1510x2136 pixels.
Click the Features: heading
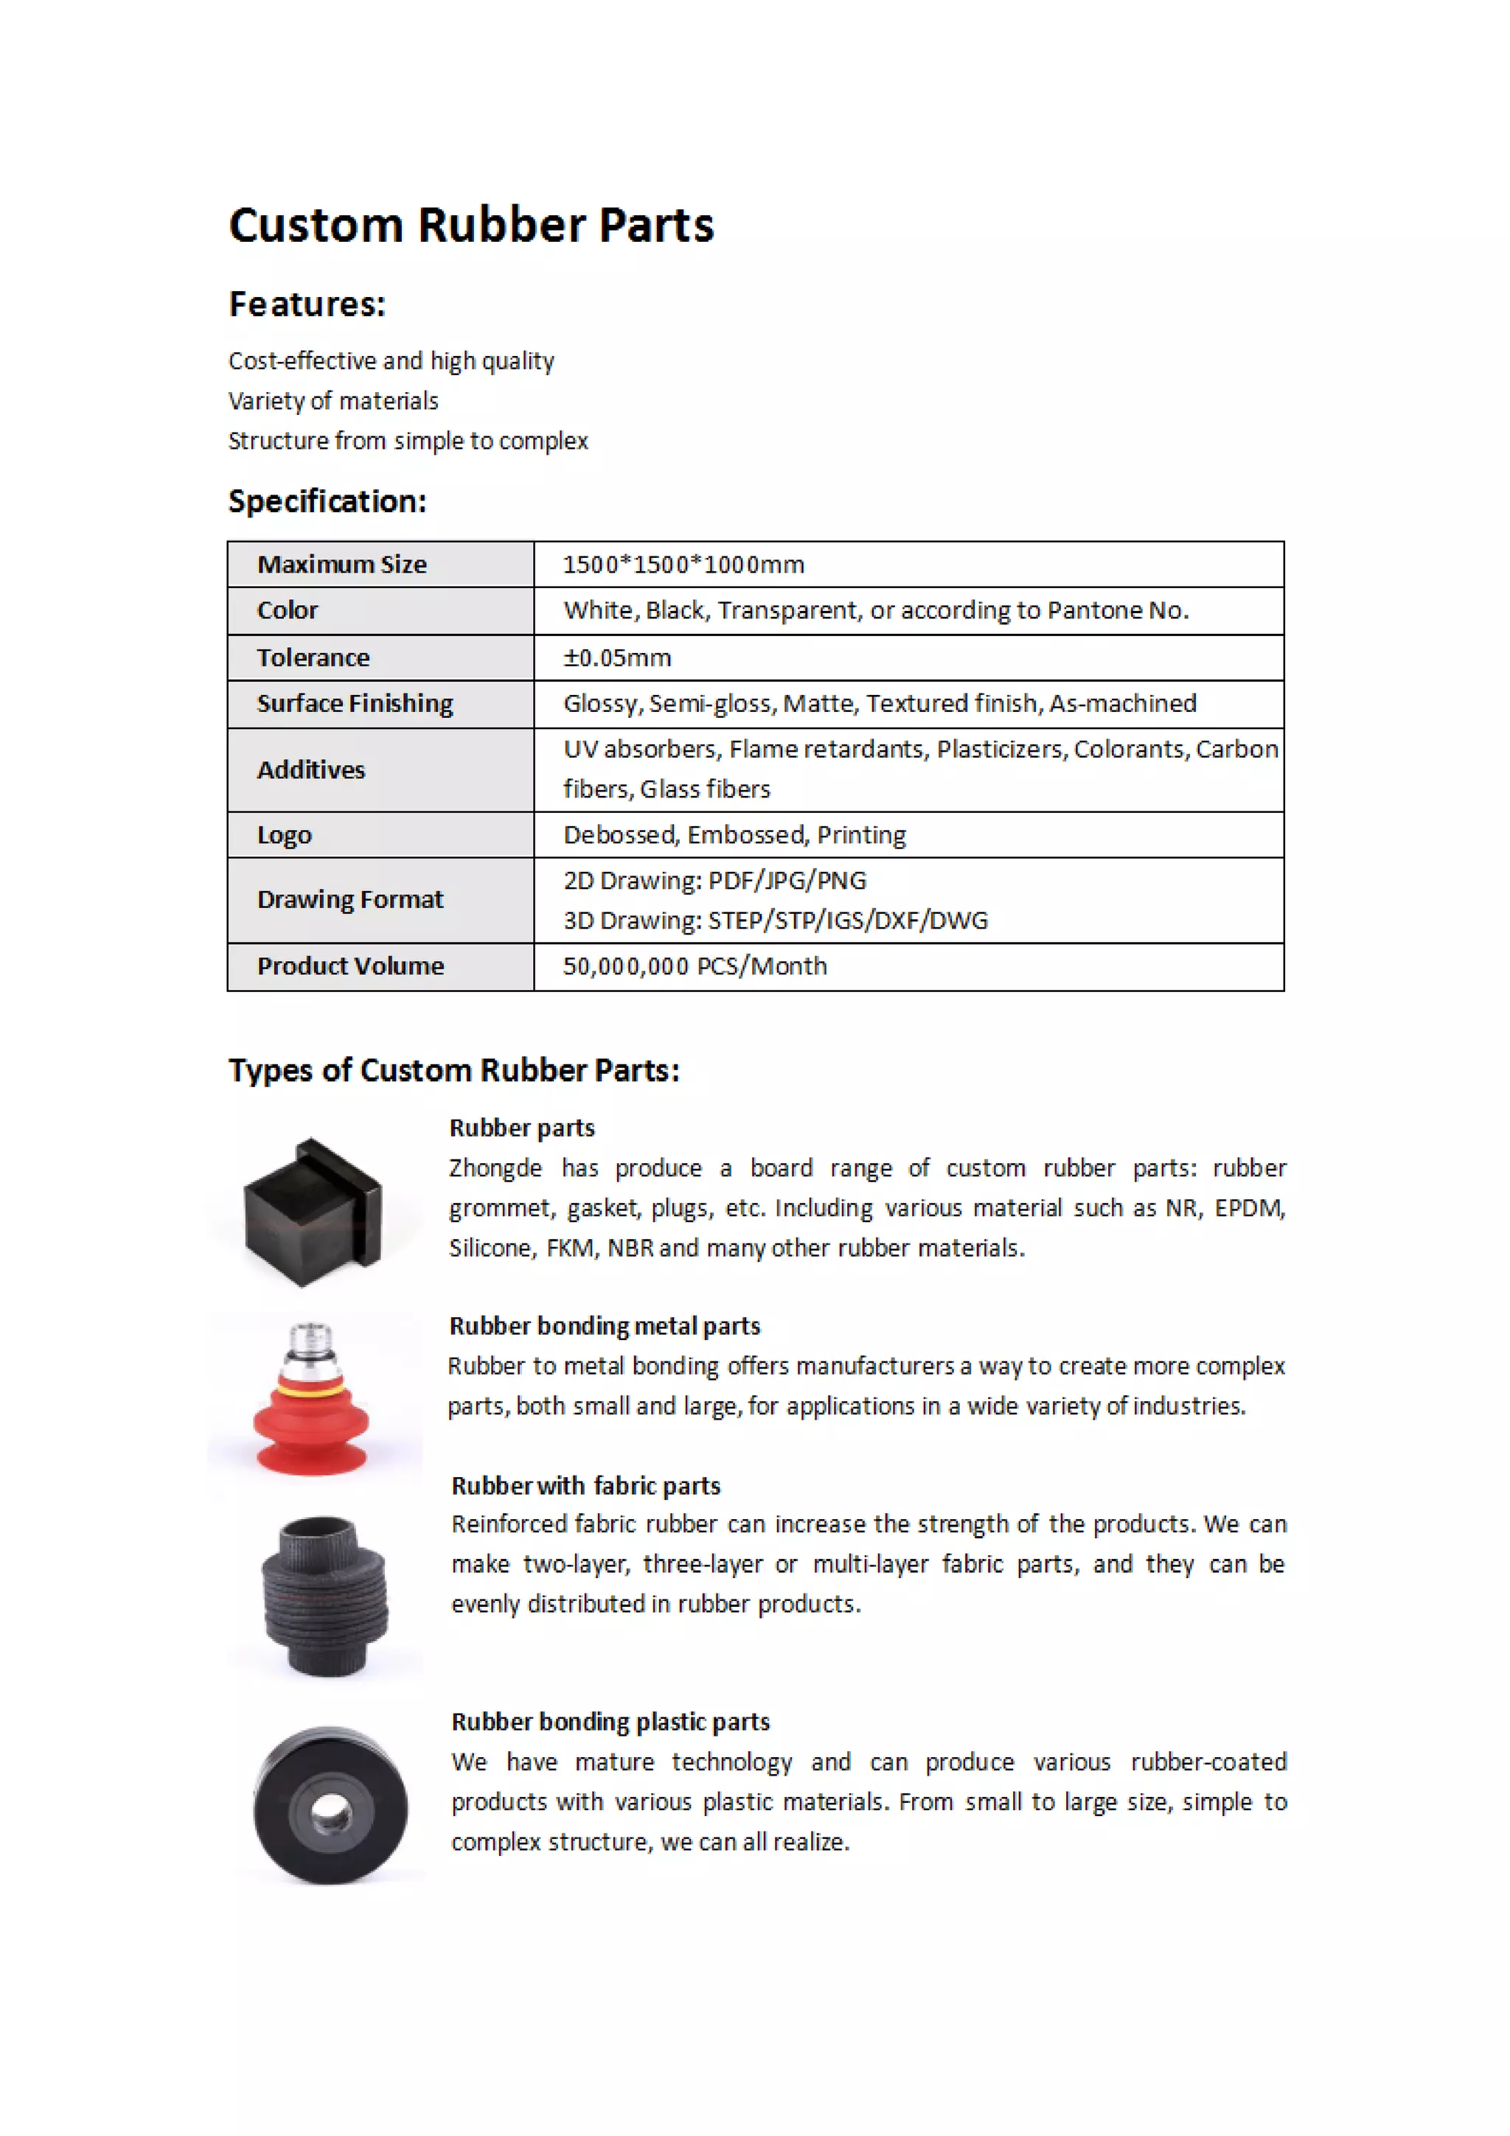coord(307,304)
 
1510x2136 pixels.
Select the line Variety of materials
coord(333,401)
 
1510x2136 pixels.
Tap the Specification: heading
coord(327,501)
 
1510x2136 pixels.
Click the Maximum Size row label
coord(341,565)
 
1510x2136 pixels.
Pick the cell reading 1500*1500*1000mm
coord(683,565)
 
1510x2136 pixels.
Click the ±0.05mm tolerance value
coord(617,657)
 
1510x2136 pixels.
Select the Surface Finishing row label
coord(355,703)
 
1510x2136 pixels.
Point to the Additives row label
coord(310,770)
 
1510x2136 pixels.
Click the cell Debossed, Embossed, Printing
coord(734,835)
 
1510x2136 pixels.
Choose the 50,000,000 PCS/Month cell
coord(694,966)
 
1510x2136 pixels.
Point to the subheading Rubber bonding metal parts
coord(604,1326)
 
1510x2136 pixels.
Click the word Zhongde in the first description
coord(495,1168)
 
